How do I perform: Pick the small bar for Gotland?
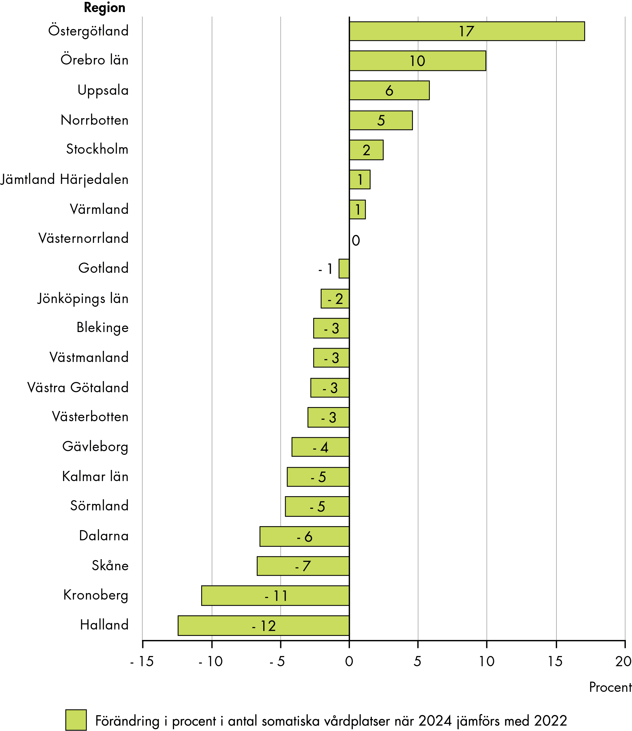coord(344,268)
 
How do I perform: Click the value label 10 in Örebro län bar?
coord(417,61)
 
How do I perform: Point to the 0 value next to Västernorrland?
coord(356,241)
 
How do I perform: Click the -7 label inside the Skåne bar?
coord(303,566)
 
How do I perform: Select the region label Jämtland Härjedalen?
coord(64,180)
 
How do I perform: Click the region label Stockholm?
coord(97,149)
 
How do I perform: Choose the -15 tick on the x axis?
coord(142,662)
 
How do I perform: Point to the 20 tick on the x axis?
coord(623,662)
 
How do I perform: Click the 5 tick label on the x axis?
coord(418,662)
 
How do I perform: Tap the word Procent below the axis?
coord(610,687)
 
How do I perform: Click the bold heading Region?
coord(104,8)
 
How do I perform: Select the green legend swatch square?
coord(76,720)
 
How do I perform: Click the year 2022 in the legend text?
coord(550,721)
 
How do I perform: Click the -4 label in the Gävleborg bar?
coord(320,447)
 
